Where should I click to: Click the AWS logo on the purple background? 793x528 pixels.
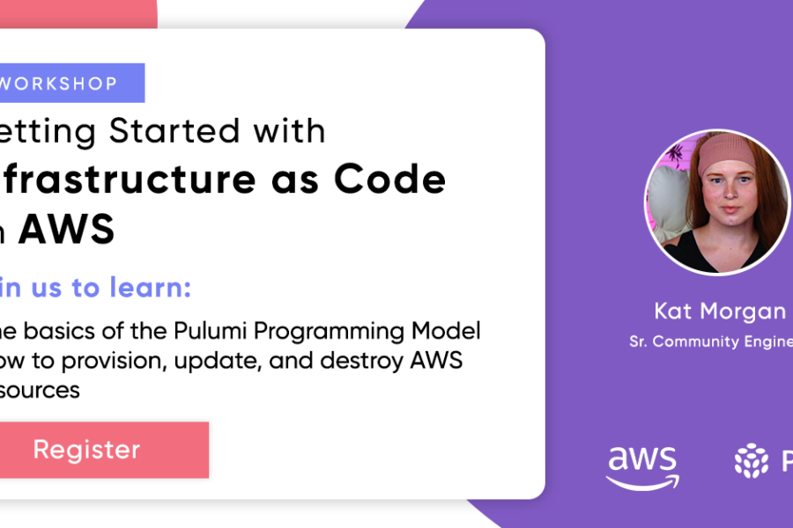pyautogui.click(x=642, y=465)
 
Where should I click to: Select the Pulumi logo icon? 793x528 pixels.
pyautogui.click(x=751, y=460)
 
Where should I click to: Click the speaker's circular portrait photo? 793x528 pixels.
pyautogui.click(x=717, y=202)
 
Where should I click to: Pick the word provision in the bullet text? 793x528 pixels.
pyautogui.click(x=112, y=361)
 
